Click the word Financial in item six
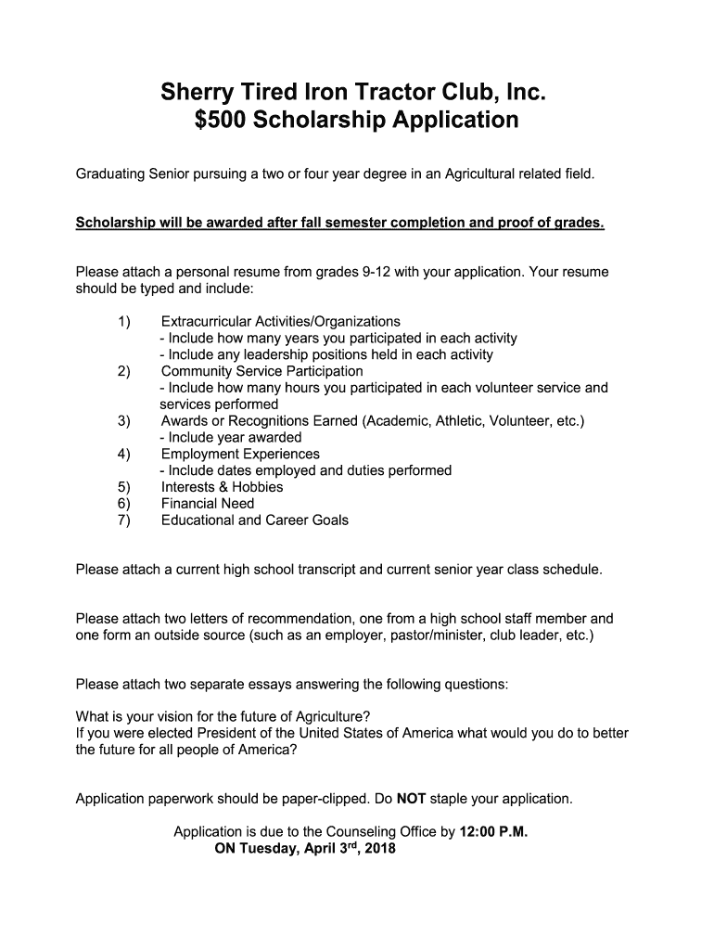tap(191, 504)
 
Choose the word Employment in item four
tap(199, 454)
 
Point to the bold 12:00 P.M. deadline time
tap(493, 831)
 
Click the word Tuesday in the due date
tap(270, 848)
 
